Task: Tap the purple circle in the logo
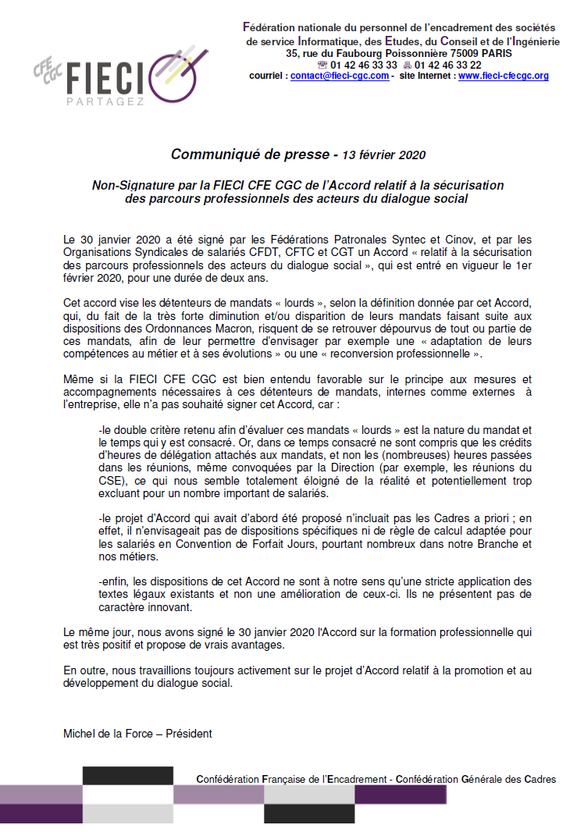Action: click(177, 73)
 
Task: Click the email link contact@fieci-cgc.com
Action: click(339, 76)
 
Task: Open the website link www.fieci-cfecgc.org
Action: click(503, 76)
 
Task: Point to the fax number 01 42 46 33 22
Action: click(448, 65)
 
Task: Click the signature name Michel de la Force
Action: click(112, 734)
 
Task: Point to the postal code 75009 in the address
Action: click(439, 53)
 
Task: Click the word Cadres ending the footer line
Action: click(539, 779)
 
